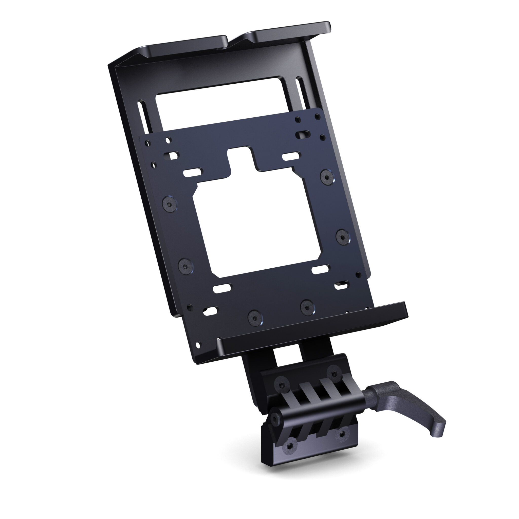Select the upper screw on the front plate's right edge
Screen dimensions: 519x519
[327, 176]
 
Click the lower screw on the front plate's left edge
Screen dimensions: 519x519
[185, 266]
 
